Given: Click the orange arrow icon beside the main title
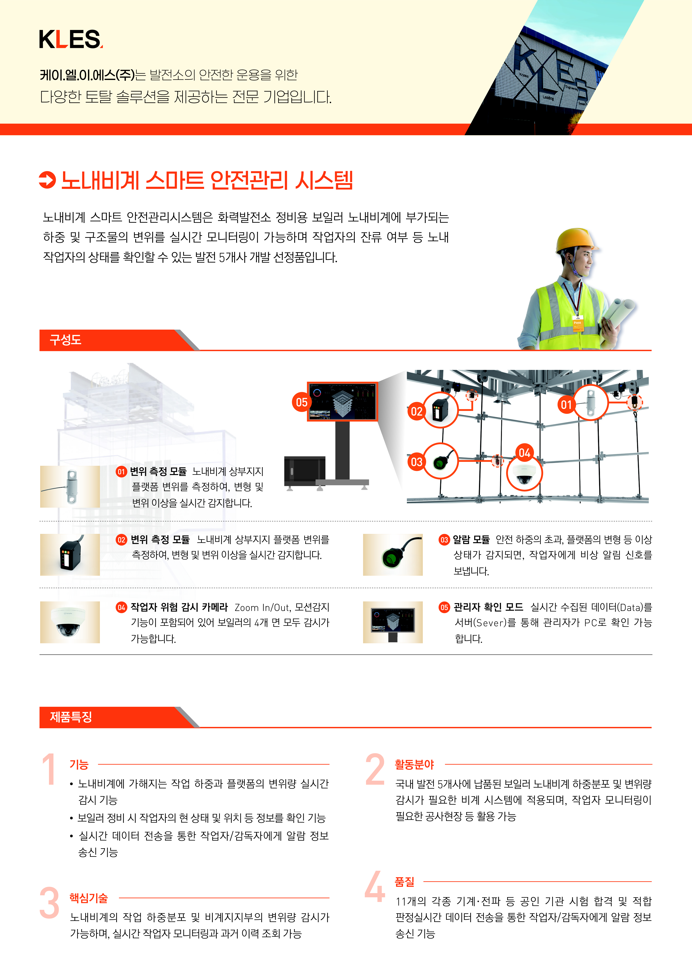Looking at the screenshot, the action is pos(47,179).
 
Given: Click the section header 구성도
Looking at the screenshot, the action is pos(66,340).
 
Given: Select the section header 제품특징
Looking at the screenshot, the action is pos(71,717).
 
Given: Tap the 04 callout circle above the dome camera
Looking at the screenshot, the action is pos(524,453).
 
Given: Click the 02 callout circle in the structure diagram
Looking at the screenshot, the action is pos(417,411).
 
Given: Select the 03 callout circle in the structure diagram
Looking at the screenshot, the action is pos(417,462).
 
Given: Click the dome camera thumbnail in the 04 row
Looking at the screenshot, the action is pos(70,622).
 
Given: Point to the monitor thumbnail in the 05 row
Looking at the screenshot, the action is pos(393,622).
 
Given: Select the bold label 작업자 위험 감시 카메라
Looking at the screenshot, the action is pos(179,607).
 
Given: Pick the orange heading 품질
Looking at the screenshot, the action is pos(404,881).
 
